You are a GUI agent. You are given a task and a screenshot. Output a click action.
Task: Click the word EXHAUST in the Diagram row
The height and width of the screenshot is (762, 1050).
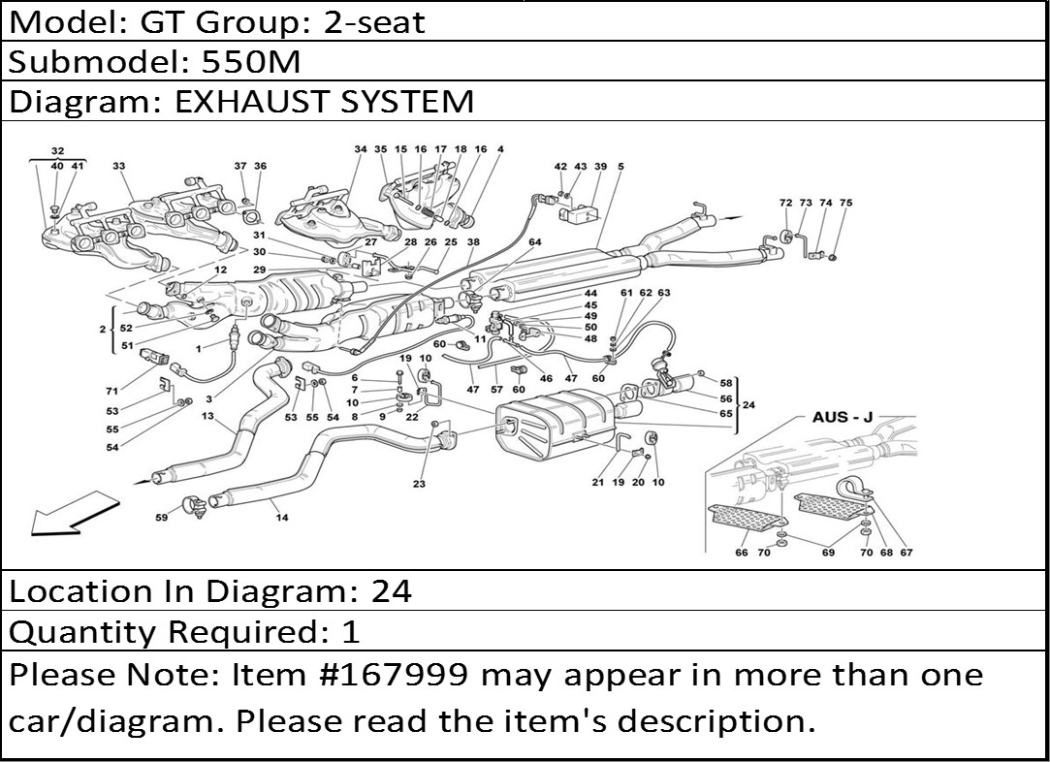pyautogui.click(x=252, y=101)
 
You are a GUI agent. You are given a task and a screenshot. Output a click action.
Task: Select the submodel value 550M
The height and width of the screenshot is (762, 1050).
pyautogui.click(x=250, y=62)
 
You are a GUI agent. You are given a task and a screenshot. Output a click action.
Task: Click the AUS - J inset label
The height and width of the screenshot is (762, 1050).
pyautogui.click(x=843, y=417)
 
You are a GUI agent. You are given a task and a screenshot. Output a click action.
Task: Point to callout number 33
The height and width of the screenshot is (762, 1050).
pyautogui.click(x=119, y=166)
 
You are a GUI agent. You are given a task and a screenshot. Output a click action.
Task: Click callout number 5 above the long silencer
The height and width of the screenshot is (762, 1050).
pyautogui.click(x=620, y=166)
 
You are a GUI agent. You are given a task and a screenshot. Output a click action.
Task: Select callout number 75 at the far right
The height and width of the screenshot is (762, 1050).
pyautogui.click(x=845, y=203)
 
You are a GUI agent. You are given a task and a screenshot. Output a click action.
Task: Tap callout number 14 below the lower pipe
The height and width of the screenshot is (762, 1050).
pyautogui.click(x=282, y=517)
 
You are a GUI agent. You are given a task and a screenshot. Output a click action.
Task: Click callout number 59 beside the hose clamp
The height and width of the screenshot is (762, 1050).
pyautogui.click(x=161, y=517)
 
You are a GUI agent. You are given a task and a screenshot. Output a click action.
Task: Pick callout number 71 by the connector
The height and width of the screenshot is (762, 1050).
pyautogui.click(x=111, y=391)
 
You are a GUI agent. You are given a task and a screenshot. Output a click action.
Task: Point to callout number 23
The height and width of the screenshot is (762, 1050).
pyautogui.click(x=419, y=484)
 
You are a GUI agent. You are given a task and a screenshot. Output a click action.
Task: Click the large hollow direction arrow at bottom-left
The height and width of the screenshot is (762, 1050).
pyautogui.click(x=74, y=514)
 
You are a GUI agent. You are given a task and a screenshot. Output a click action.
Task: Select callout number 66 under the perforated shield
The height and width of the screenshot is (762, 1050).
pyautogui.click(x=742, y=553)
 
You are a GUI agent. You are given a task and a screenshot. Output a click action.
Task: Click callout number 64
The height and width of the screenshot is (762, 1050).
pyautogui.click(x=534, y=241)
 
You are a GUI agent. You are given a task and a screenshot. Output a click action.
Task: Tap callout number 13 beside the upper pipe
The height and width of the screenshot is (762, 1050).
pyautogui.click(x=207, y=416)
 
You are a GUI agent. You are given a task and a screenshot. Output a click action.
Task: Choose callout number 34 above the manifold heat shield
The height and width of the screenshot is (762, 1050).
pyautogui.click(x=361, y=149)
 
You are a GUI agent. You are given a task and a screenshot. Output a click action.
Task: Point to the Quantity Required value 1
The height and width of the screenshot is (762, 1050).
pyautogui.click(x=351, y=631)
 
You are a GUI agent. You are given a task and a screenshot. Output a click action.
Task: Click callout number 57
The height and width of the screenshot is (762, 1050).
pyautogui.click(x=496, y=389)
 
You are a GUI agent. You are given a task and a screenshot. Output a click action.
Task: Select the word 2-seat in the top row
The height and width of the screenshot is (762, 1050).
pyautogui.click(x=374, y=22)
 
